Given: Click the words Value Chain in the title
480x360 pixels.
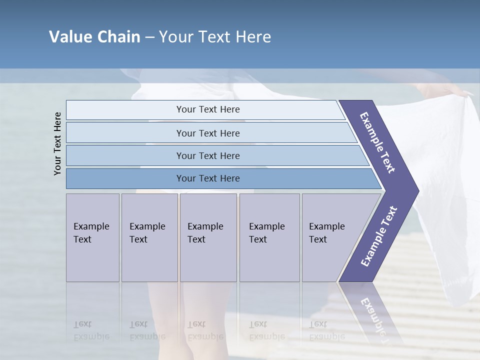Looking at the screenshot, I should pyautogui.click(x=94, y=37).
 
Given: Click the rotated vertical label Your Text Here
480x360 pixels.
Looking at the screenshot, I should pyautogui.click(x=57, y=143).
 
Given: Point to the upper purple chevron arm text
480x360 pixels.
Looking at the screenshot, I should pyautogui.click(x=377, y=142).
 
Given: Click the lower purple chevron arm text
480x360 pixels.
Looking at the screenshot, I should pyautogui.click(x=379, y=236).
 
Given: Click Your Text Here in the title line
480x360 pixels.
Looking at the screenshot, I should pyautogui.click(x=215, y=37).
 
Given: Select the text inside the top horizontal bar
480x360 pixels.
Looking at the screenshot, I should pyautogui.click(x=208, y=109).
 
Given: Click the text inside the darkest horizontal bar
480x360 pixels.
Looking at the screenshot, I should pyautogui.click(x=208, y=178).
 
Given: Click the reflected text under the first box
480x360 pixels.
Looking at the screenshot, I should pyautogui.click(x=91, y=330).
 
